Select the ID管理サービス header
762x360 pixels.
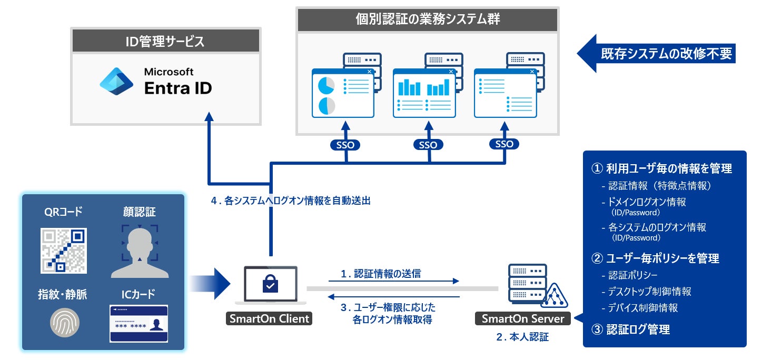165,41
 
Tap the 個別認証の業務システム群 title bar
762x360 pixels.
427,20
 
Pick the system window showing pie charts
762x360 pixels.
342,93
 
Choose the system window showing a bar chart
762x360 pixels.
424,93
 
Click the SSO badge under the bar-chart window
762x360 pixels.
428,145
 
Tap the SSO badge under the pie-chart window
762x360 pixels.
346,145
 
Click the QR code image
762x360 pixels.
64,251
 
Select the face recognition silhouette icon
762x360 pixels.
140,251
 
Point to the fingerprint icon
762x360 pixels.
64,322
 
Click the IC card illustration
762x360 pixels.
138,323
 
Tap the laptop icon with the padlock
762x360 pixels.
271,284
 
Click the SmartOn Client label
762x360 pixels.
269,318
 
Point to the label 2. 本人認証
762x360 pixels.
522,337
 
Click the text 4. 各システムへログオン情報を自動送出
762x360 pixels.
290,201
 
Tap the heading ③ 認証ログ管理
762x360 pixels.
631,329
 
